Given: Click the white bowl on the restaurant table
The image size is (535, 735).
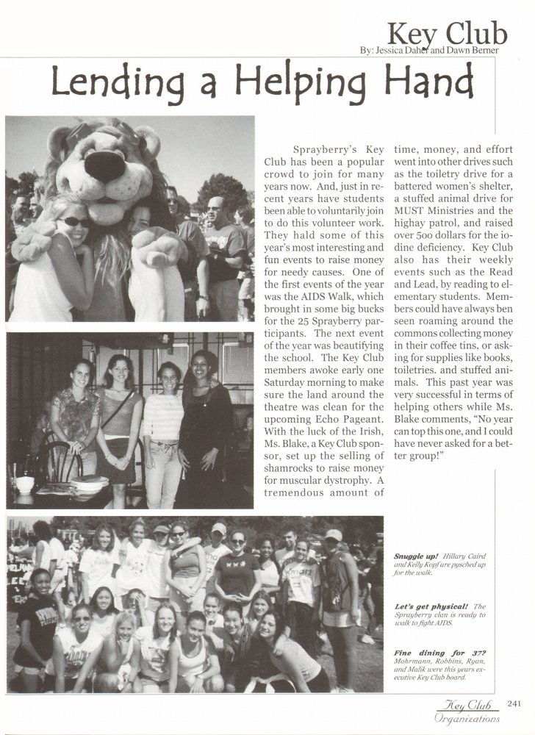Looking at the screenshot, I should click(25, 485).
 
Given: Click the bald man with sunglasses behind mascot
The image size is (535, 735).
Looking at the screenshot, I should click(213, 209).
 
